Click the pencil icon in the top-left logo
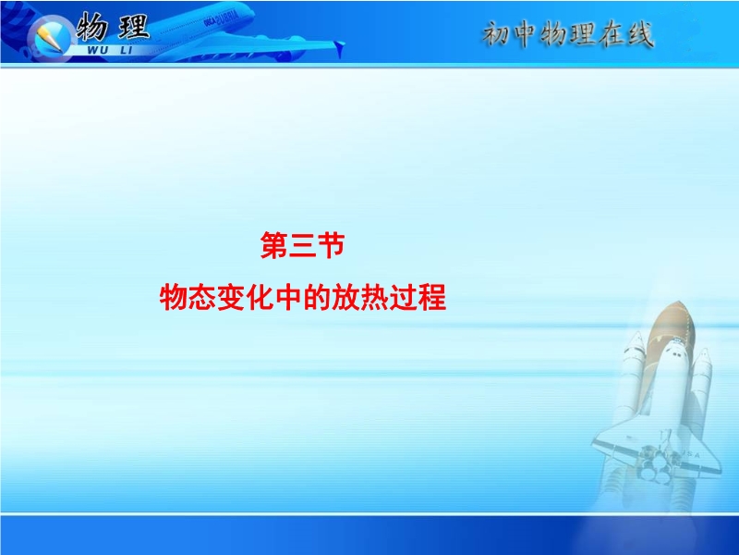tap(48, 37)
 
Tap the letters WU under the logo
tap(97, 51)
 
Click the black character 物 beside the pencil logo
tap(91, 27)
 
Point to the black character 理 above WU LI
tap(133, 27)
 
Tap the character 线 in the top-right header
tap(639, 34)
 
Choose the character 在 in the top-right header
tap(612, 34)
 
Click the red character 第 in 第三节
tap(274, 245)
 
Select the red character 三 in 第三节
tap(303, 245)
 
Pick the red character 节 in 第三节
tap(331, 245)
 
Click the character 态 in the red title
tap(202, 297)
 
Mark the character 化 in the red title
tap(260, 297)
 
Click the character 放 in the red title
tap(345, 297)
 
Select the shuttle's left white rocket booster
tap(633, 377)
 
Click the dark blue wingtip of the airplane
tap(339, 48)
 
